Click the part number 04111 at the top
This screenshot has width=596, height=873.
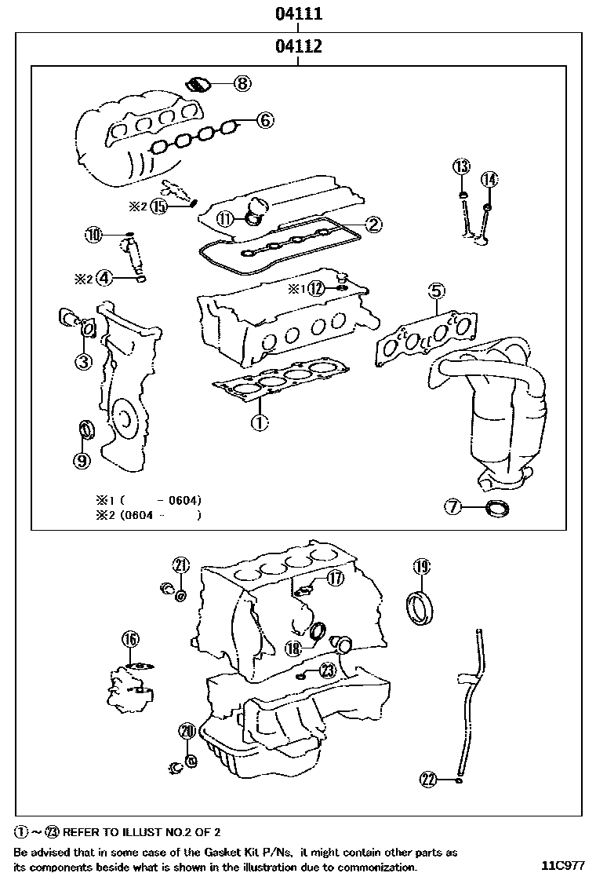[299, 14]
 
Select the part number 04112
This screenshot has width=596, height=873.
[299, 47]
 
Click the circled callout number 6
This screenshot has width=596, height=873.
[264, 120]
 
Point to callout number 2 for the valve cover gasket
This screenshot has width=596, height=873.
[373, 225]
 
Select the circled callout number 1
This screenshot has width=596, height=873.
[259, 422]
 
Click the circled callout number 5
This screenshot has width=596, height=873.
[436, 291]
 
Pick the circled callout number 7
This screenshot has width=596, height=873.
[454, 507]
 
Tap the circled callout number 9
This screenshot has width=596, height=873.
[82, 461]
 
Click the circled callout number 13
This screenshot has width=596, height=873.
[461, 166]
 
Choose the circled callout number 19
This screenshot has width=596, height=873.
[421, 566]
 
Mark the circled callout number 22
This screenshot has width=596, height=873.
[428, 779]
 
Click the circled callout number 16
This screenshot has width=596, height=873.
[130, 639]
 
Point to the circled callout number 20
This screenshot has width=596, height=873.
[186, 731]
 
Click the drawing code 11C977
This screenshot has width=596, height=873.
[563, 865]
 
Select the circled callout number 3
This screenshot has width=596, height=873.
[83, 361]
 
